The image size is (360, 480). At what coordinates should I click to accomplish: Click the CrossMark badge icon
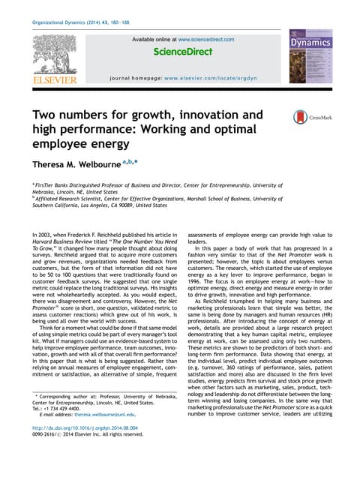point(286,116)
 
